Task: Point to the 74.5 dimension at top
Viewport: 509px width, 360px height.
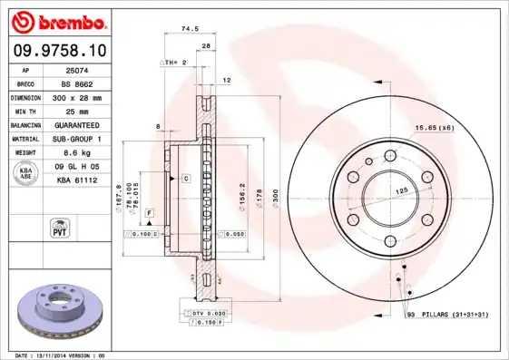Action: [191, 29]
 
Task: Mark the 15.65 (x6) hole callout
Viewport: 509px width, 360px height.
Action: [435, 128]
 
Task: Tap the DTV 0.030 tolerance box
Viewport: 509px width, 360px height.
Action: [210, 313]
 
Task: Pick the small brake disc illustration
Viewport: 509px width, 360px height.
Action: [62, 308]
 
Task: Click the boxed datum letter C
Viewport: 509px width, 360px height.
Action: [185, 179]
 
